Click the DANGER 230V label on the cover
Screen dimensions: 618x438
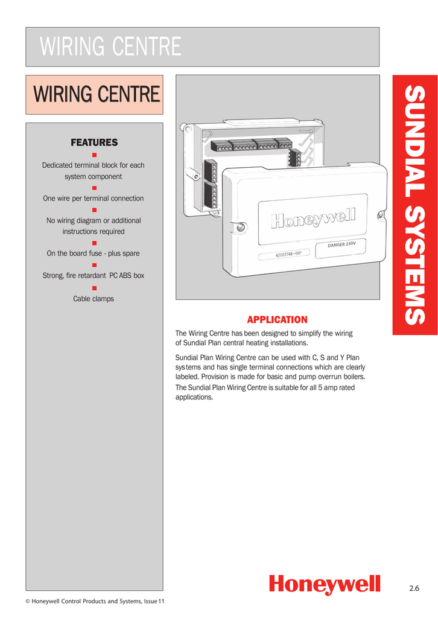(x=346, y=245)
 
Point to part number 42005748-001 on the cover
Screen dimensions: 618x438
(x=288, y=254)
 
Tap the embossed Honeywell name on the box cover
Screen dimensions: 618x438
(x=313, y=218)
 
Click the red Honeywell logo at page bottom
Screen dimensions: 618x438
(x=325, y=584)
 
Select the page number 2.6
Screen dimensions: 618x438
(x=413, y=588)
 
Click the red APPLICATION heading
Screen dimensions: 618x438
(x=277, y=320)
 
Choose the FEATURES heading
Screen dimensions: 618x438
(x=94, y=142)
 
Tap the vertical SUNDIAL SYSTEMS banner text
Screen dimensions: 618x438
(x=414, y=205)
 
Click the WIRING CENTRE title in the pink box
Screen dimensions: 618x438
(x=97, y=95)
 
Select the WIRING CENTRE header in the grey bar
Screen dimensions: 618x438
(x=110, y=47)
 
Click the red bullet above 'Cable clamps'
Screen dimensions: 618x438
(x=94, y=288)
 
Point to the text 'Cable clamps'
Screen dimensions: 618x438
(x=94, y=299)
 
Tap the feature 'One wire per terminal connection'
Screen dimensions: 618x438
(x=94, y=198)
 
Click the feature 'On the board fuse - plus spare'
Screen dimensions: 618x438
(x=94, y=253)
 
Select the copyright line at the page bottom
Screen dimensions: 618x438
(x=94, y=601)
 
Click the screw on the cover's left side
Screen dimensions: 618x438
(x=240, y=227)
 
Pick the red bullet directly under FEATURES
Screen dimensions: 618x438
(x=94, y=154)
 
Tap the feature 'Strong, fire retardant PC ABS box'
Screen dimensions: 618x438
(x=94, y=276)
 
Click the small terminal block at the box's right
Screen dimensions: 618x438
(x=294, y=158)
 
